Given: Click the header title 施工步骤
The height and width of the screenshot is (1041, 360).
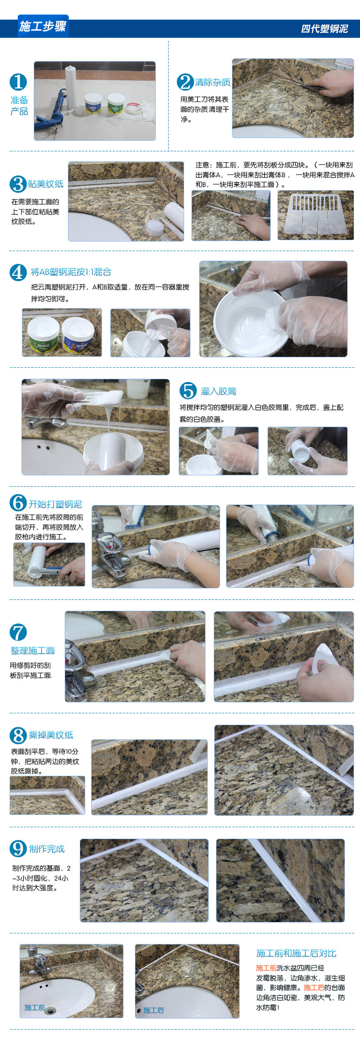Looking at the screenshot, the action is tap(43, 26).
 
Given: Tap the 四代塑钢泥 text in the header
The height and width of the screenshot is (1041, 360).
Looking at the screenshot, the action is tap(324, 29).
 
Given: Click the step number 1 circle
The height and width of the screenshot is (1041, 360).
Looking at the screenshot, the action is tap(18, 82).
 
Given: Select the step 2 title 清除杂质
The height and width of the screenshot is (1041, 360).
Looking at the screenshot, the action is tap(213, 82).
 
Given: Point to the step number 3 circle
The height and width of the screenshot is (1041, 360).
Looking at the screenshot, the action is tap(18, 184).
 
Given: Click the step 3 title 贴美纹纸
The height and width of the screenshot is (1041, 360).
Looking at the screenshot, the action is tap(46, 184).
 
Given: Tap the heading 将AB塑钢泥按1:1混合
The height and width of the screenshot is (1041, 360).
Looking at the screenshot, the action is tap(71, 272).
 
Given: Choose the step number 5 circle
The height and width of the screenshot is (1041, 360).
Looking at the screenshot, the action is tap(188, 391).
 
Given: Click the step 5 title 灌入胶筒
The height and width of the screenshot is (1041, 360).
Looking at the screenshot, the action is tap(219, 391).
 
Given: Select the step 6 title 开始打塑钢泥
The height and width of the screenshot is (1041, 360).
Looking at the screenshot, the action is tap(55, 504).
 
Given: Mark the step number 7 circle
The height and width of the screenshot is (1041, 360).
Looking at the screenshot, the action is tap(18, 632).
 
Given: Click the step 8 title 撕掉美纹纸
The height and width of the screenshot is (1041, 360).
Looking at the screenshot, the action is tap(51, 735).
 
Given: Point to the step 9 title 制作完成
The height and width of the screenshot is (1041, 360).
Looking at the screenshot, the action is tap(47, 849).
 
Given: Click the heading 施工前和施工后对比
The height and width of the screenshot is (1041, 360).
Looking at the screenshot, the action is tap(296, 953).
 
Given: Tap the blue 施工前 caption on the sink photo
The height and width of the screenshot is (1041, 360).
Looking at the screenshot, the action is tap(35, 1007).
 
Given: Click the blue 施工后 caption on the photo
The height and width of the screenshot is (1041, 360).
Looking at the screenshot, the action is tap(154, 1010).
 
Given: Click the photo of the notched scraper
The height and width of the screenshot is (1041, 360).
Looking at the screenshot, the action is tap(315, 215).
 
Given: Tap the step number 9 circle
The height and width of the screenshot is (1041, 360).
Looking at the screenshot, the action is tap(18, 849).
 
